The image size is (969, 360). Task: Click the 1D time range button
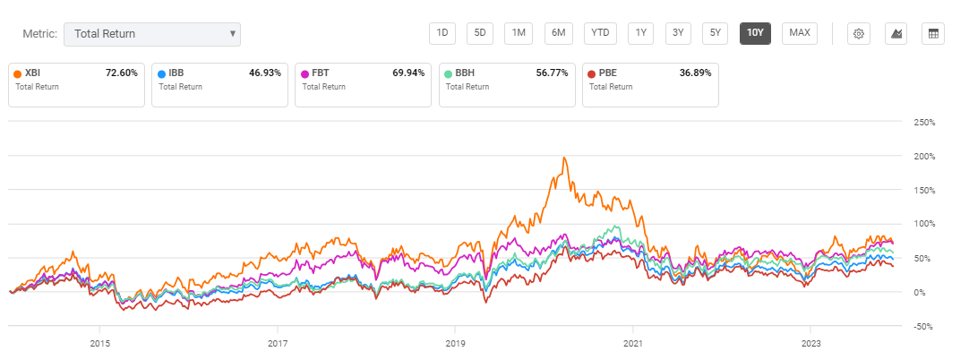(x=442, y=33)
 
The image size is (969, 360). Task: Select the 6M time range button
(x=558, y=33)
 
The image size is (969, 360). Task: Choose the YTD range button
(x=600, y=33)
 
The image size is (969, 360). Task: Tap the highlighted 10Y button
(x=755, y=33)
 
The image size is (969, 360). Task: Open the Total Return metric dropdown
(x=152, y=34)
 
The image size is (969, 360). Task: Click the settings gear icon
(x=858, y=34)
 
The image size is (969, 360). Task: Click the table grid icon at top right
(x=933, y=34)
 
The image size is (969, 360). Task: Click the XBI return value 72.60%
(x=121, y=73)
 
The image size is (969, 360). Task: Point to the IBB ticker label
(x=177, y=73)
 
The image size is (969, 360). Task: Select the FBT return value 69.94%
(x=407, y=73)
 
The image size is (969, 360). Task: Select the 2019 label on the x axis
(x=455, y=342)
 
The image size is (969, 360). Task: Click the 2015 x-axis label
(x=99, y=342)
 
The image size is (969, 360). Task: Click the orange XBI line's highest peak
(x=563, y=158)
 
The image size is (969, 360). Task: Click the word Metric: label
(x=39, y=34)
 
